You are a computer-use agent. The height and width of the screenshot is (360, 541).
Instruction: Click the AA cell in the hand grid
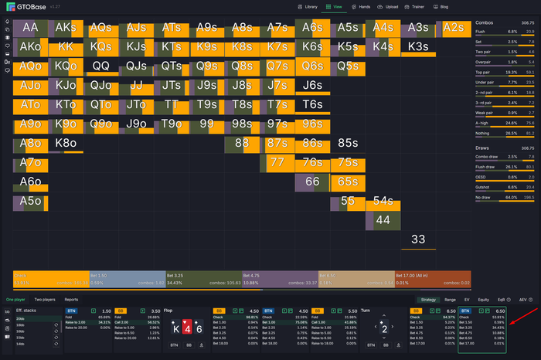click(x=31, y=28)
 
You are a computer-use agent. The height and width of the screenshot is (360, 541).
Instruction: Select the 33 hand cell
click(x=418, y=239)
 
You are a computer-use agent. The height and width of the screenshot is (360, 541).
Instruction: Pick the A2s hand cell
click(x=454, y=28)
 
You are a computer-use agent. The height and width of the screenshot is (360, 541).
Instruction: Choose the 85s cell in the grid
click(x=347, y=143)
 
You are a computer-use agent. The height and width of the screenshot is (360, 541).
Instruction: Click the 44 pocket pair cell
click(x=383, y=220)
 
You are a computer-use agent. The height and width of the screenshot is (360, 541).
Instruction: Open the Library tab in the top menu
click(x=308, y=6)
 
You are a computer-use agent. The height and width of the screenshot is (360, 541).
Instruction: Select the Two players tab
click(x=44, y=299)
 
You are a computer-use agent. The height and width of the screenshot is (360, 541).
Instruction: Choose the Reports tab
click(x=71, y=299)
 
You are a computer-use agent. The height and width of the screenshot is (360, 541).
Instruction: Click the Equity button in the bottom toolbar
click(x=485, y=299)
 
